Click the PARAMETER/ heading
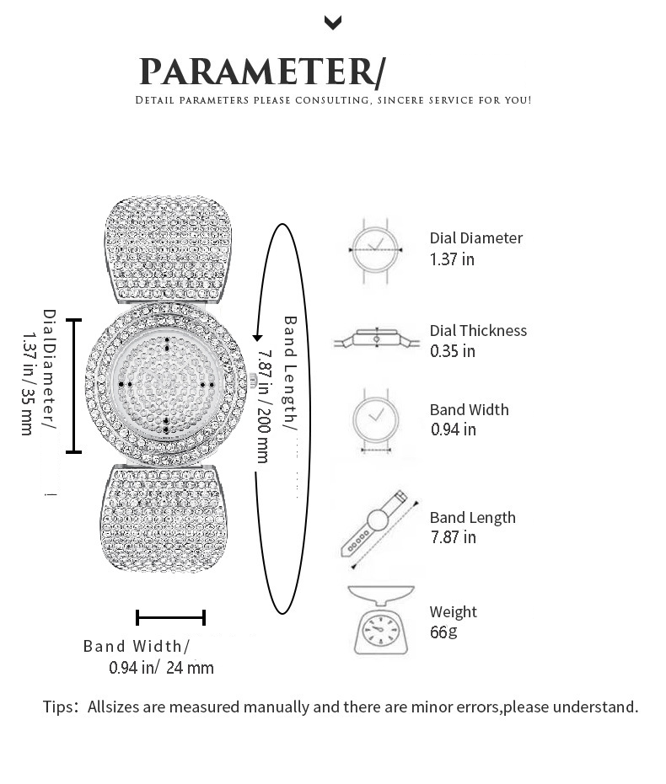pyautogui.click(x=262, y=72)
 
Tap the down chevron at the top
pyautogui.click(x=333, y=23)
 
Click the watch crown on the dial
pyautogui.click(x=253, y=381)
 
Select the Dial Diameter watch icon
pyautogui.click(x=375, y=250)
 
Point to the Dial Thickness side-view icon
pyautogui.click(x=376, y=339)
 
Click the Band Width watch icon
pyautogui.click(x=376, y=421)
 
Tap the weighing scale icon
pyautogui.click(x=381, y=620)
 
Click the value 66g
pyautogui.click(x=443, y=632)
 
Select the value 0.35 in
pyautogui.click(x=453, y=351)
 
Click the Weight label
pyautogui.click(x=454, y=612)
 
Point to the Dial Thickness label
pyautogui.click(x=478, y=330)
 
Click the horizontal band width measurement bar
pyautogui.click(x=170, y=617)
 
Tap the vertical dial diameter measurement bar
pyautogui.click(x=73, y=386)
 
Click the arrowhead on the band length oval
pyautogui.click(x=257, y=336)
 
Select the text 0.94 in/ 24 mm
pyautogui.click(x=161, y=668)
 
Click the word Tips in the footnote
pyautogui.click(x=58, y=707)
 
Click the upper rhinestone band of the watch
pyautogui.click(x=169, y=249)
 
